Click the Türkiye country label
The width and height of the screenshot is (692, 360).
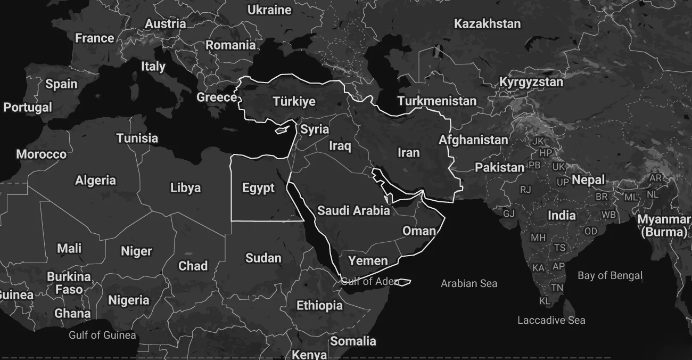tap(294, 101)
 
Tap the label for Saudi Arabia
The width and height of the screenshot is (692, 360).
tap(353, 210)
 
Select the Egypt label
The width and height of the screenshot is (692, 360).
tap(258, 187)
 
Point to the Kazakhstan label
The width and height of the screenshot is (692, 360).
tap(487, 23)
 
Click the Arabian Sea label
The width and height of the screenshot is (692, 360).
tap(469, 283)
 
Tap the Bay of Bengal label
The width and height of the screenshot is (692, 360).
tap(610, 275)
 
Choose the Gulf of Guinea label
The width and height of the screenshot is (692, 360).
tap(102, 335)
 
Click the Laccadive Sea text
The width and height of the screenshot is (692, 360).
tap(551, 320)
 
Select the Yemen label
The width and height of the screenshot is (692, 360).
tap(368, 260)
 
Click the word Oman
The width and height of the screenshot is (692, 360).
tap(419, 231)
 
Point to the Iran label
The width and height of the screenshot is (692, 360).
tap(409, 153)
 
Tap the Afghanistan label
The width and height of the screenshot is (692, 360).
tap(473, 140)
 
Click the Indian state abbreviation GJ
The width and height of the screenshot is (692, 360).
tap(509, 214)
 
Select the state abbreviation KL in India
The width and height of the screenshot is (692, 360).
tap(545, 301)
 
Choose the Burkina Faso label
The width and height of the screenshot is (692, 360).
tap(69, 283)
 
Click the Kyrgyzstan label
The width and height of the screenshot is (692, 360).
tap(531, 82)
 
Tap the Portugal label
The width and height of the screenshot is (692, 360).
tap(28, 107)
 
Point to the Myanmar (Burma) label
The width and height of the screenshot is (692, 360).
tap(664, 226)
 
